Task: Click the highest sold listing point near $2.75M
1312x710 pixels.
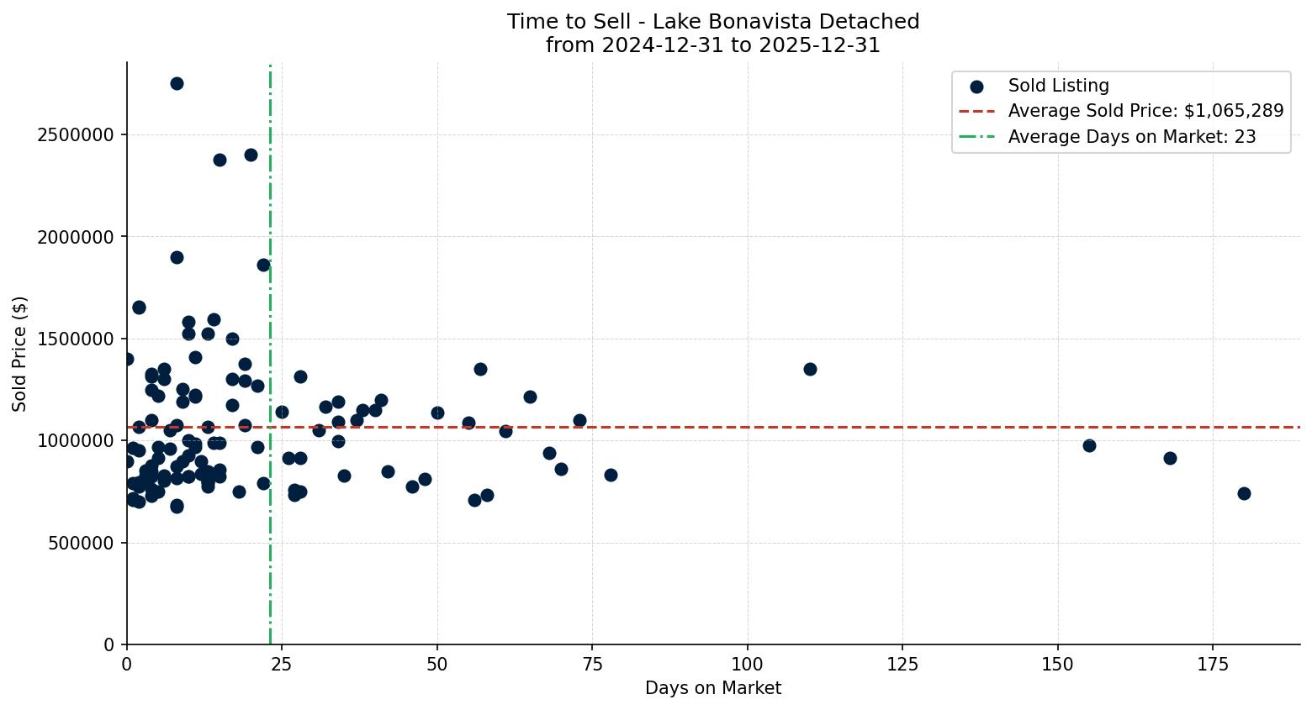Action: point(177,83)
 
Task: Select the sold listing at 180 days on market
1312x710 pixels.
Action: point(1244,493)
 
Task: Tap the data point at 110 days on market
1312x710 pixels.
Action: point(810,369)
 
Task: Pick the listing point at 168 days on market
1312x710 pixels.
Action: point(1170,458)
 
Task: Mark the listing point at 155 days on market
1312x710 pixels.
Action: point(1089,445)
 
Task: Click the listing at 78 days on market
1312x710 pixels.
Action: point(611,475)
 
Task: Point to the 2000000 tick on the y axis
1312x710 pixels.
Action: point(76,237)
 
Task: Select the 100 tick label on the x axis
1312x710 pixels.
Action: point(748,663)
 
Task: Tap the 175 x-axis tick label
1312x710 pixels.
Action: point(1213,663)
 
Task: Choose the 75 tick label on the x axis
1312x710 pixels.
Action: point(592,663)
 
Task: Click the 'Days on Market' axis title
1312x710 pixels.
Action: point(713,689)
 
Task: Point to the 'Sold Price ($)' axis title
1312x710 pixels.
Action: point(20,354)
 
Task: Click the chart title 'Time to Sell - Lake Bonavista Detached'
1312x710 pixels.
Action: point(713,22)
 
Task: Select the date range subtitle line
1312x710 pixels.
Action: point(713,45)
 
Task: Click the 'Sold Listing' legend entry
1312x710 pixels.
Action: point(1058,86)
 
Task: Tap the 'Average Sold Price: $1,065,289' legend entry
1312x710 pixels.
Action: point(1145,111)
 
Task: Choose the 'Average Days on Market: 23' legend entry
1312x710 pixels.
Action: point(1131,136)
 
